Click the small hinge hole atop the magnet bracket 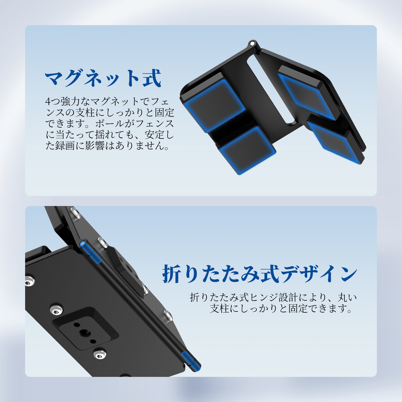click(x=252, y=43)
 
